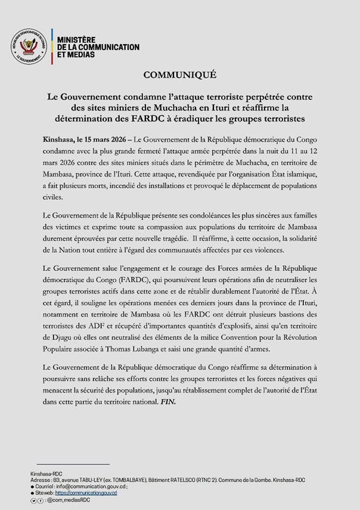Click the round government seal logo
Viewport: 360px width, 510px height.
[28, 47]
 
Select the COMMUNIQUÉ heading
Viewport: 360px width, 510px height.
[179, 75]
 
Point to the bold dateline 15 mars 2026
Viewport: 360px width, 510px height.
[102, 139]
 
